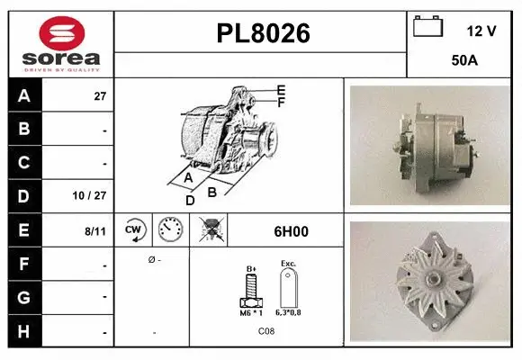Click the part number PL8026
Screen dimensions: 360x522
pos(263,34)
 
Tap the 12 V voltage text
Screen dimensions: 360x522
pos(481,31)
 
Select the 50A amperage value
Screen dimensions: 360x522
pos(463,61)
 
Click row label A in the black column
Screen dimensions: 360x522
pos(24,96)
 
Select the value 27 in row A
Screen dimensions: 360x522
pos(100,96)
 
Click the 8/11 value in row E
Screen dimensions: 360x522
pos(95,231)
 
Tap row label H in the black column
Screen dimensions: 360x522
pos(24,331)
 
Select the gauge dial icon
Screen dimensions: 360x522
pos(170,230)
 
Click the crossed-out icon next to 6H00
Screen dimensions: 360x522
pos(211,230)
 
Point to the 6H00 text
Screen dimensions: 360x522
pos(291,231)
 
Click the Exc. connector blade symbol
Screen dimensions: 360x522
pos(288,290)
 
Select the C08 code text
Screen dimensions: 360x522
pos(267,332)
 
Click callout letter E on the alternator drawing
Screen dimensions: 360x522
pos(281,90)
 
